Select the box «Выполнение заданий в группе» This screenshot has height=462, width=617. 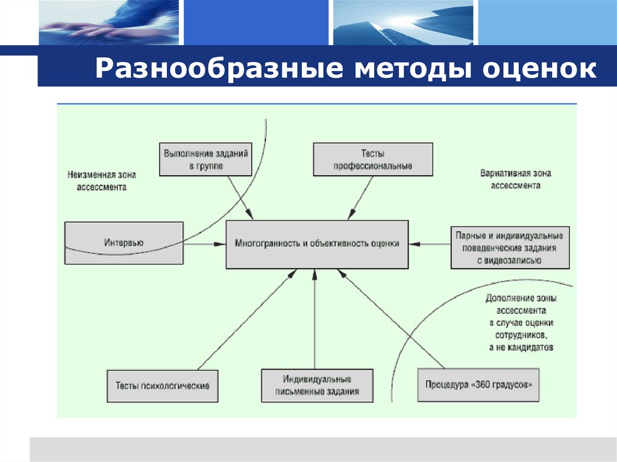[205, 160]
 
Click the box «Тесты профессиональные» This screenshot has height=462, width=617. [373, 160]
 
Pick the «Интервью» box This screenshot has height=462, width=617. [124, 243]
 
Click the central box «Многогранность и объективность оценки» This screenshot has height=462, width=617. [317, 244]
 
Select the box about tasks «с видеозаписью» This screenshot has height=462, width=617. [510, 247]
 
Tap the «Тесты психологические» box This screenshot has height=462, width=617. [163, 386]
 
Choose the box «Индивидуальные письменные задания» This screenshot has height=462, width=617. [317, 386]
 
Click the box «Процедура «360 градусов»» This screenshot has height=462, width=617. [479, 385]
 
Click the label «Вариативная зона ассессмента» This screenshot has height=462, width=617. [515, 179]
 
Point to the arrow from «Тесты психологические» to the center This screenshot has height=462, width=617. [247, 319]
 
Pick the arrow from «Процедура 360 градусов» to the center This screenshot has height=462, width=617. [392, 319]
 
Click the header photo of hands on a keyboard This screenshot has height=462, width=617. [108, 22]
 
